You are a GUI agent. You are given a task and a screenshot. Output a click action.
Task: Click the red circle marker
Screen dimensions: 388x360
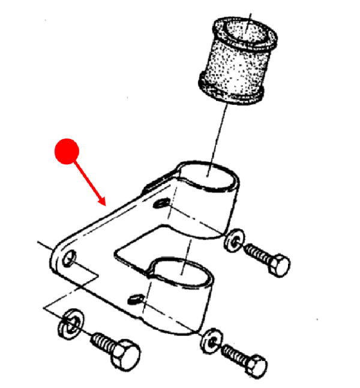pyautogui.click(x=67, y=151)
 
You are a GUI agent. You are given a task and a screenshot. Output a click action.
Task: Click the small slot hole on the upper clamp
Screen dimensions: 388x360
pyautogui.click(x=161, y=205)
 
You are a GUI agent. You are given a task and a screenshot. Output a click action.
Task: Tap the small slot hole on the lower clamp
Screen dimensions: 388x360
pyautogui.click(x=136, y=298)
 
